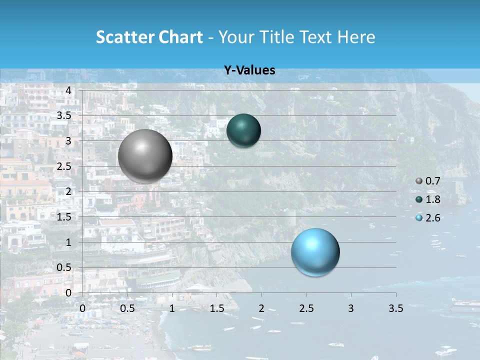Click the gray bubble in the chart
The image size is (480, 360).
[145, 156]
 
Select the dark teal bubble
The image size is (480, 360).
[243, 130]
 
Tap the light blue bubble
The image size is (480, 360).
[315, 252]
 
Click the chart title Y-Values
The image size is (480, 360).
[249, 70]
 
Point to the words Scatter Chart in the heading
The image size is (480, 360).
[149, 37]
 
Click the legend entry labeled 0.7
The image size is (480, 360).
[428, 181]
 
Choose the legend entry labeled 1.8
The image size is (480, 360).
[428, 199]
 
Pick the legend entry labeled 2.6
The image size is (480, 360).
[428, 218]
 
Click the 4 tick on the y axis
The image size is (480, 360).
[68, 90]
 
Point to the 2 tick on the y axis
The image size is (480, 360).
[68, 191]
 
